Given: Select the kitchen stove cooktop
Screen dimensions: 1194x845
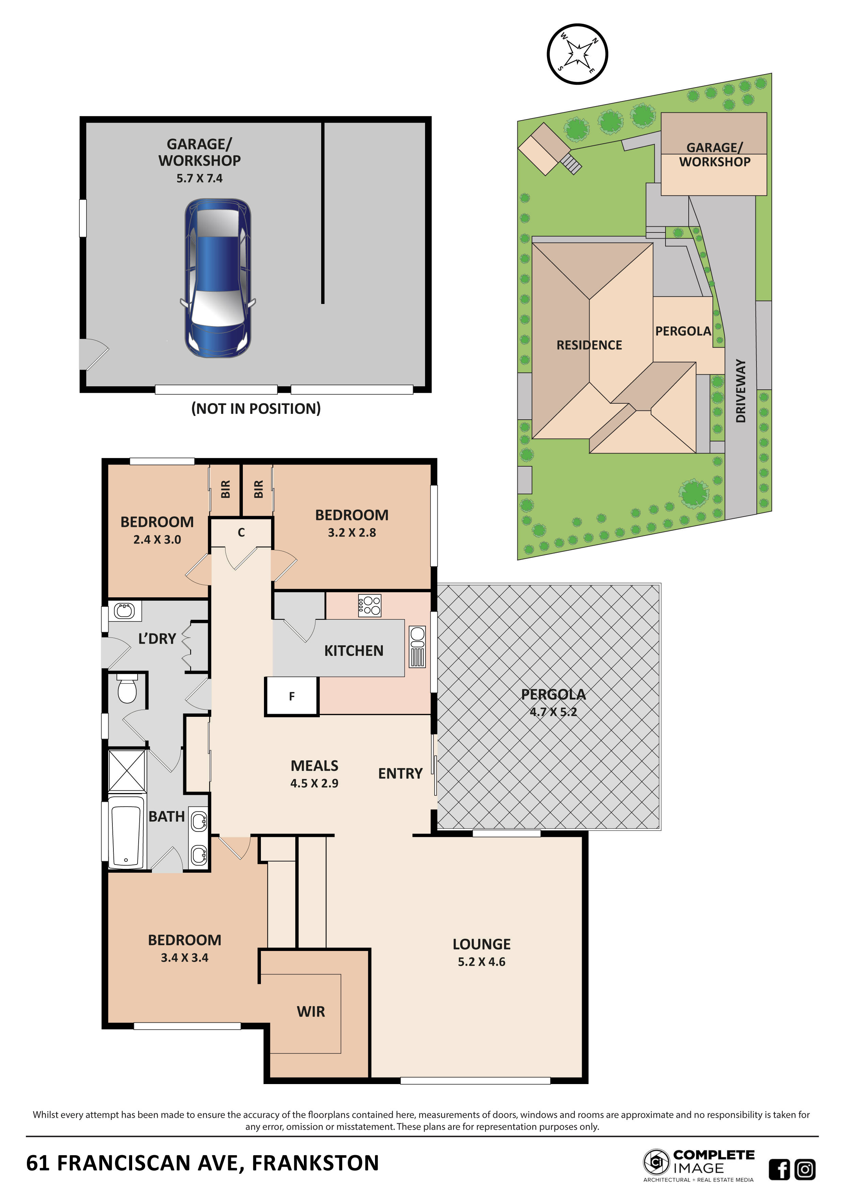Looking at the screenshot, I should [x=370, y=605].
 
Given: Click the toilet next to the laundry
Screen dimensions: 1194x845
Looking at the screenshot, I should [x=127, y=689].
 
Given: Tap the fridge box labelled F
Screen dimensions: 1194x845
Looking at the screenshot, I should [x=292, y=696].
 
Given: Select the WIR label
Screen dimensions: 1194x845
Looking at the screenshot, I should [x=311, y=1012].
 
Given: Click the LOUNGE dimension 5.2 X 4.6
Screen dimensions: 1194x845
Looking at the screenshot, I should [x=481, y=962].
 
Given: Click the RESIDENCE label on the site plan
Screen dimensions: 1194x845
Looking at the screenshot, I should [x=589, y=345].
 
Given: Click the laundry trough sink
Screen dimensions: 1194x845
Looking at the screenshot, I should [x=124, y=611].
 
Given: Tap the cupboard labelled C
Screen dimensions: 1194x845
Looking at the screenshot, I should [x=241, y=533].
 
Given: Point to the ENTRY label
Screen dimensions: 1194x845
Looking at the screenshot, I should [x=400, y=774].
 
